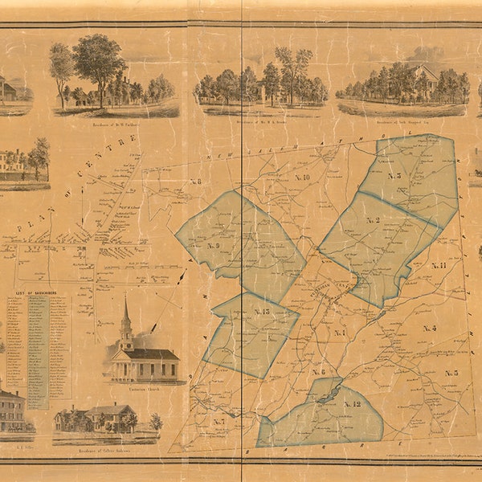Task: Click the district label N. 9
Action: (x=213, y=245)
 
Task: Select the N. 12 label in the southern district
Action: (x=352, y=403)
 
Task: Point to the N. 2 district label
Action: (x=373, y=219)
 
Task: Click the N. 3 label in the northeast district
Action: (x=394, y=175)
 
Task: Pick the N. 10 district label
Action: (x=302, y=177)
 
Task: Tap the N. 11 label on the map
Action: (x=439, y=265)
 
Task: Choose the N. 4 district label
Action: (x=429, y=328)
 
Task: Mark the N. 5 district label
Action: (x=451, y=373)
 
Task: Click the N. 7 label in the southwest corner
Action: (x=219, y=421)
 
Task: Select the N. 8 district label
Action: (x=195, y=181)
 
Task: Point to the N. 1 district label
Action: (x=339, y=333)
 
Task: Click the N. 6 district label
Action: (x=319, y=371)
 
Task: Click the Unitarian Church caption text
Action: (x=143, y=387)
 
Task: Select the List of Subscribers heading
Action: (x=30, y=294)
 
